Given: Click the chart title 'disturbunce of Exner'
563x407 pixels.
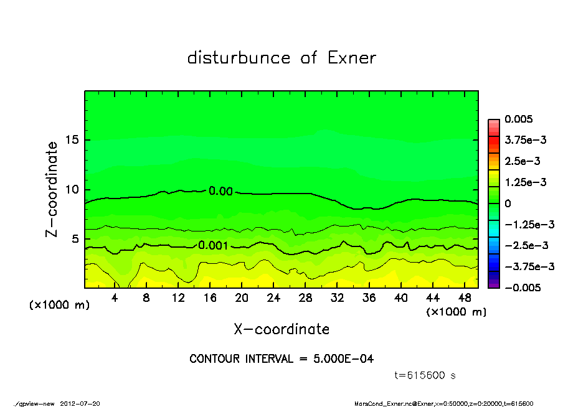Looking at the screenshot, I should [x=281, y=58].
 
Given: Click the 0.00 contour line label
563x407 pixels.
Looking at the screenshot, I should [x=220, y=191].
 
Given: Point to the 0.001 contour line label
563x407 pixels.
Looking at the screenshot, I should [x=213, y=245].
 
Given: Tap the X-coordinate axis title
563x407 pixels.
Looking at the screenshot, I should [x=281, y=329].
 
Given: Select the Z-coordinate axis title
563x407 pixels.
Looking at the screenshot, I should [x=52, y=189].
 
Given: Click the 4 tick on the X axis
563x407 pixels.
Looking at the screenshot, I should [x=115, y=298].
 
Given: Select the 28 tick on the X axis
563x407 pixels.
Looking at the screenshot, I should [x=305, y=298].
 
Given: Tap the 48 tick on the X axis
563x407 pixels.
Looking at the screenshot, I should [x=463, y=298].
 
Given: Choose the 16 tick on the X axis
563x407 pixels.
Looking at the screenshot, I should [x=210, y=298].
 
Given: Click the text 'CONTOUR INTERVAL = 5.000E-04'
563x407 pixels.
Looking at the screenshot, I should [x=281, y=359].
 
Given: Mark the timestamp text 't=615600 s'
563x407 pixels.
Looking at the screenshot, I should [x=425, y=375].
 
